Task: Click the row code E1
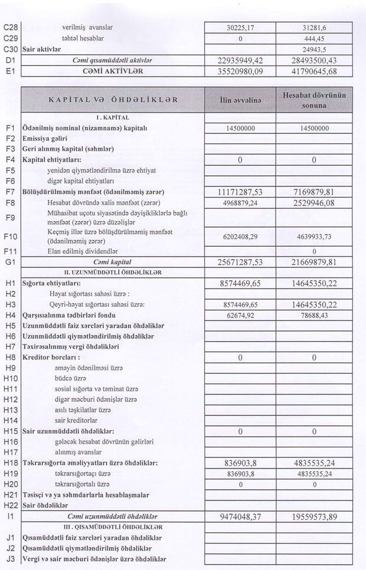pos(11,71)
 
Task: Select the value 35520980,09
pos(240,71)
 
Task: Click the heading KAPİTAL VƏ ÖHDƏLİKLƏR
pos(113,100)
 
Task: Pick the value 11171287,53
pos(240,192)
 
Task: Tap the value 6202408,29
pos(240,237)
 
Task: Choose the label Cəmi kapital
pos(112,261)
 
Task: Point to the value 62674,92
pos(240,315)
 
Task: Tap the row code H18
pos(11,463)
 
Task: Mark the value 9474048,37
pos(240,517)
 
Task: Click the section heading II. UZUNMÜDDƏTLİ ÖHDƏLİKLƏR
pos(112,273)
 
